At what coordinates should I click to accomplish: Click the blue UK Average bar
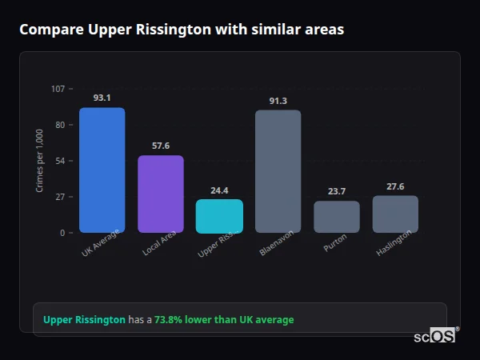pos(102,170)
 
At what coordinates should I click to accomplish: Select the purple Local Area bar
pos(160,194)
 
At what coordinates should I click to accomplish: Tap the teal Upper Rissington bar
pos(219,216)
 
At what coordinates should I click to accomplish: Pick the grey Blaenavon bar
pos(278,171)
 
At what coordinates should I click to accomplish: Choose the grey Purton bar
pos(336,217)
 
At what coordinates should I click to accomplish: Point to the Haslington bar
pos(395,214)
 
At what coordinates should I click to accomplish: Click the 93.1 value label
pos(102,98)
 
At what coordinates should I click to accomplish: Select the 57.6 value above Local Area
pos(160,146)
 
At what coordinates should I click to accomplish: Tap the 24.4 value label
pos(219,190)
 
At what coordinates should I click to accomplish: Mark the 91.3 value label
pos(278,100)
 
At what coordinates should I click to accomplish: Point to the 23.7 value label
pos(336,191)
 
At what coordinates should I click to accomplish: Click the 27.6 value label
pos(395,186)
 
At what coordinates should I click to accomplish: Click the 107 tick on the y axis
pos(58,88)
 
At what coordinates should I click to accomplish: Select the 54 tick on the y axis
pos(60,161)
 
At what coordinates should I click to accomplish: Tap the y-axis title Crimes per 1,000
pos(40,160)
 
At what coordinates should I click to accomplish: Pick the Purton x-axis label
pos(335,242)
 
